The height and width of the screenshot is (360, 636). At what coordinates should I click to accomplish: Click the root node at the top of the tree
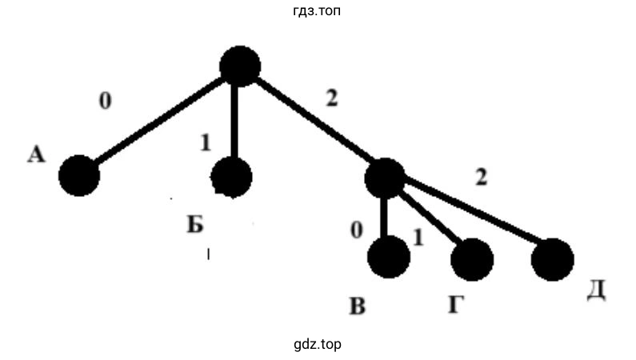[x=239, y=66]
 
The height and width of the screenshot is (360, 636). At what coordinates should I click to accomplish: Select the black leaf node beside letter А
[x=79, y=175]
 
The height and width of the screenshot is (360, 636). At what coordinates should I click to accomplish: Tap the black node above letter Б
[x=231, y=176]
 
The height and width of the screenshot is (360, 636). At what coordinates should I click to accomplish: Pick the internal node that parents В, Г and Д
[x=385, y=178]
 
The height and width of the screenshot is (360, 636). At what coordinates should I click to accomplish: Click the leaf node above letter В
[x=389, y=257]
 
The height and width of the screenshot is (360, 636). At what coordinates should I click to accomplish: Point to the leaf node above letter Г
[x=472, y=258]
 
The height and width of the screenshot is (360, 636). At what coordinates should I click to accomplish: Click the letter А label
[x=36, y=155]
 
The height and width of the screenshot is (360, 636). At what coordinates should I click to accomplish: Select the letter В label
[x=357, y=306]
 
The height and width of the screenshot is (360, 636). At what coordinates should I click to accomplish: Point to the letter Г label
[x=455, y=305]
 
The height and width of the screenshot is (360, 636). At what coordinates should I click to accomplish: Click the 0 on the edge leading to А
[x=105, y=102]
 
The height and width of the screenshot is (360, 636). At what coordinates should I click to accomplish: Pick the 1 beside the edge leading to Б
[x=206, y=143]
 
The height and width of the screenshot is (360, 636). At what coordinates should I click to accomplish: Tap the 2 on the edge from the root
[x=331, y=98]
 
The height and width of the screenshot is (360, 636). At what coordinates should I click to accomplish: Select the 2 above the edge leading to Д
[x=481, y=178]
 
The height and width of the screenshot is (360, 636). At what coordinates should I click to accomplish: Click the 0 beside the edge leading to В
[x=357, y=230]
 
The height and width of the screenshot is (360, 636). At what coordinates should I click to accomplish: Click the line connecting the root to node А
[x=159, y=121]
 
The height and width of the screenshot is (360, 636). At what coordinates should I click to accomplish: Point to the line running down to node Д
[x=472, y=214]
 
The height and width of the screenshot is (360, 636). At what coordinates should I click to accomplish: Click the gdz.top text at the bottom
[x=318, y=345]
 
